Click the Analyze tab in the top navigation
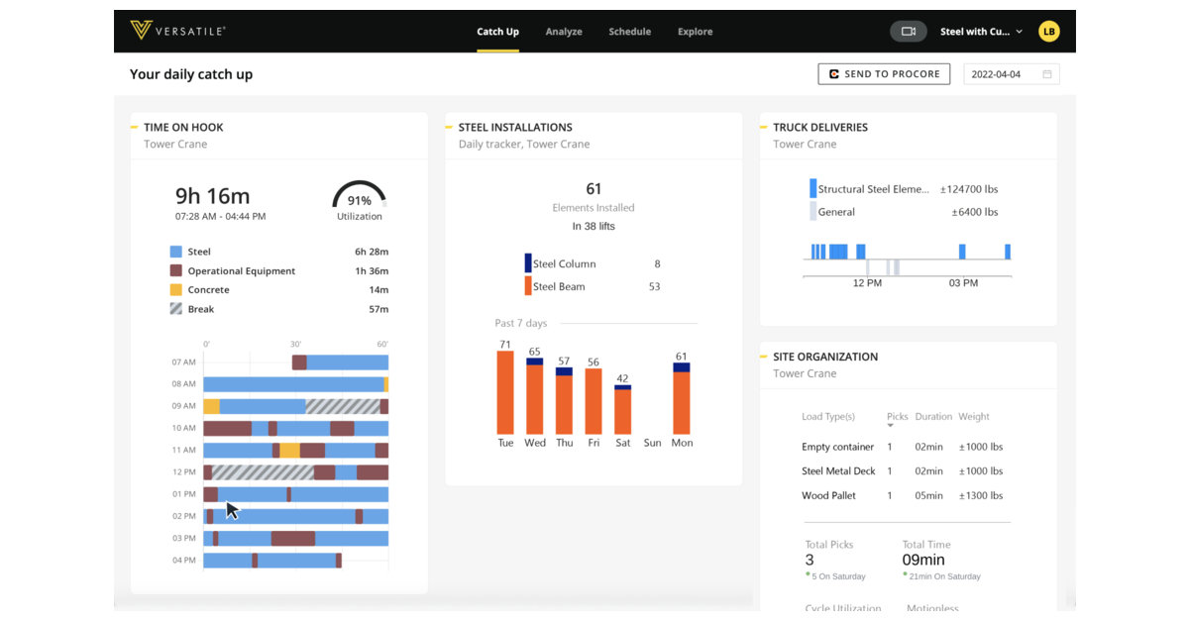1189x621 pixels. [x=563, y=32]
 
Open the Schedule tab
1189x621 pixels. [x=629, y=32]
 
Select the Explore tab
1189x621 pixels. [x=695, y=32]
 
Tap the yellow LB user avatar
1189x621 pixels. [x=1048, y=32]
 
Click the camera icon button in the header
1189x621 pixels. [x=908, y=32]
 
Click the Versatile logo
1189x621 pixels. [x=178, y=31]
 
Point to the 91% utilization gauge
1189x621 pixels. [x=359, y=198]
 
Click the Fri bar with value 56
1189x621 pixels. [x=594, y=401]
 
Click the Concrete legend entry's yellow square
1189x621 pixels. [x=175, y=290]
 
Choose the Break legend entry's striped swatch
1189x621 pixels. [x=175, y=309]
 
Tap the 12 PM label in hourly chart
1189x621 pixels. [x=184, y=472]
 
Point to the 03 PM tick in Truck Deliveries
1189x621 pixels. [x=963, y=283]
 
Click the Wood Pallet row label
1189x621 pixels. [x=829, y=495]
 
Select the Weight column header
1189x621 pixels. [x=974, y=417]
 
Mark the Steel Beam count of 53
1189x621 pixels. [x=654, y=287]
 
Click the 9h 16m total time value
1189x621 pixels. [x=212, y=195]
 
